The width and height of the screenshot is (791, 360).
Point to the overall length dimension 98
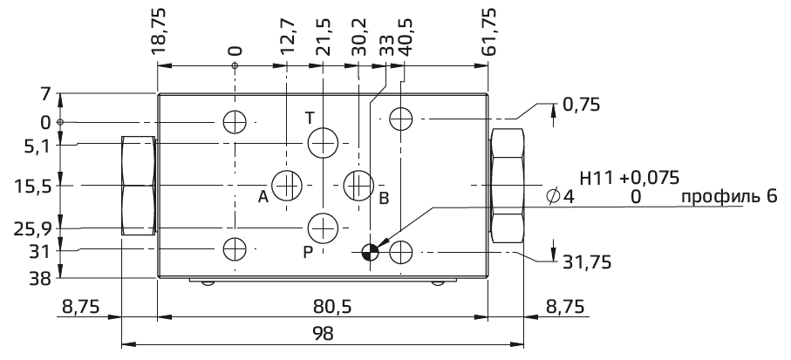point(324,333)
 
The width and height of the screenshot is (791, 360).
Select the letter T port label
point(310,119)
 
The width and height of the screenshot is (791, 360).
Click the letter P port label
point(308,252)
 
